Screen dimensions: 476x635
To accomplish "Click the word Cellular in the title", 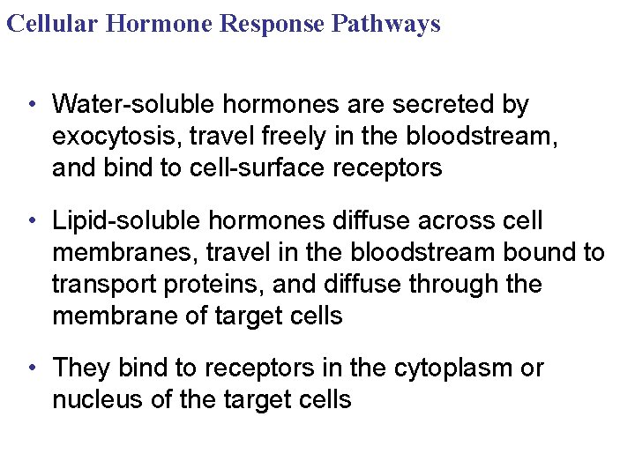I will [52, 23].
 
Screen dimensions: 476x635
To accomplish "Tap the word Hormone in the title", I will [160, 23].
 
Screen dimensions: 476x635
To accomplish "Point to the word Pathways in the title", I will [385, 23].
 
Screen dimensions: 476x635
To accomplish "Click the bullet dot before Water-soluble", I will [31, 105].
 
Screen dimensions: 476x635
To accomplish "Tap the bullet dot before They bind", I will [31, 368].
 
